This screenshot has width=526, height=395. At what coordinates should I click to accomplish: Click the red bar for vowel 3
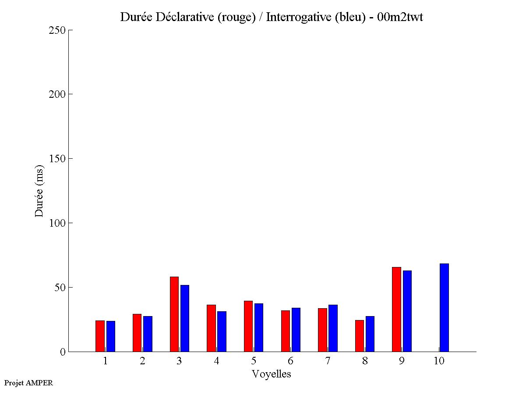(174, 314)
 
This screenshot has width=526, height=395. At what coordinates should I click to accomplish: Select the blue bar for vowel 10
(444, 307)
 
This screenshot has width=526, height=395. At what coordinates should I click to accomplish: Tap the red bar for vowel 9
(396, 309)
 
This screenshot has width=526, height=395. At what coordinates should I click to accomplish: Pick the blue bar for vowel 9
(407, 311)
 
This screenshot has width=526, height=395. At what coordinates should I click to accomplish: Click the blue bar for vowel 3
(185, 318)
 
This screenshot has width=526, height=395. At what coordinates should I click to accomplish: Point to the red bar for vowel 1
(100, 336)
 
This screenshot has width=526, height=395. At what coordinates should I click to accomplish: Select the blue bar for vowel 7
(333, 328)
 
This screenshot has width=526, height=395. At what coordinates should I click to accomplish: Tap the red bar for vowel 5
(248, 326)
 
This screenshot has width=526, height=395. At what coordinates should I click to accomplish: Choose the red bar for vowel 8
(359, 336)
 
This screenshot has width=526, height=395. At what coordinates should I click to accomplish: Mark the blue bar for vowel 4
(222, 331)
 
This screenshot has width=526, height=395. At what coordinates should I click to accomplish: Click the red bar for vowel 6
(285, 331)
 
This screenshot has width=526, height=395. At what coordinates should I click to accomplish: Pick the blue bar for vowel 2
(148, 334)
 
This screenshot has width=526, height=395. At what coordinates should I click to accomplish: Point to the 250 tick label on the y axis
(57, 30)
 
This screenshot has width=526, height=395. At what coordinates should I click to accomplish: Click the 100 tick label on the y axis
(57, 223)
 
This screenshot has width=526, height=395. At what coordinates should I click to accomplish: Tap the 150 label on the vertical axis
(57, 159)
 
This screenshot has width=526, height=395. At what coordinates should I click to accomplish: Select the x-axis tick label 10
(439, 361)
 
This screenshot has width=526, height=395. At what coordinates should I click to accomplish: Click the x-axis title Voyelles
(271, 374)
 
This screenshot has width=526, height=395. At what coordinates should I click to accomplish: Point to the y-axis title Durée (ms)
(39, 191)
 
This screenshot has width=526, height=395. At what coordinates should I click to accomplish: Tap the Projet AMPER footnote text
(28, 383)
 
